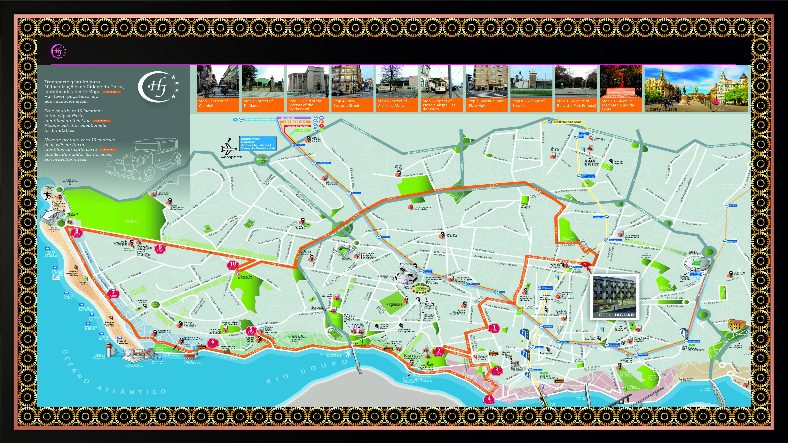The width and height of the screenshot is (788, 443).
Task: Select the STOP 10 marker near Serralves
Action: (233, 265)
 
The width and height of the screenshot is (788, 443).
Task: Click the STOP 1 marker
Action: (494, 328)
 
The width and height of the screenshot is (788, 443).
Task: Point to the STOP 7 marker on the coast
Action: (113, 294)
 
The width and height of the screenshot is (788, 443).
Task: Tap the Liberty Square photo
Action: (696, 88)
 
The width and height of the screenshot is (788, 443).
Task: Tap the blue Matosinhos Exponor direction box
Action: (258, 143)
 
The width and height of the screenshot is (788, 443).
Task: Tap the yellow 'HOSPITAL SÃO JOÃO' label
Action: (567, 122)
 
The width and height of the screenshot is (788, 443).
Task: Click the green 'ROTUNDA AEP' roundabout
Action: (262, 160)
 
